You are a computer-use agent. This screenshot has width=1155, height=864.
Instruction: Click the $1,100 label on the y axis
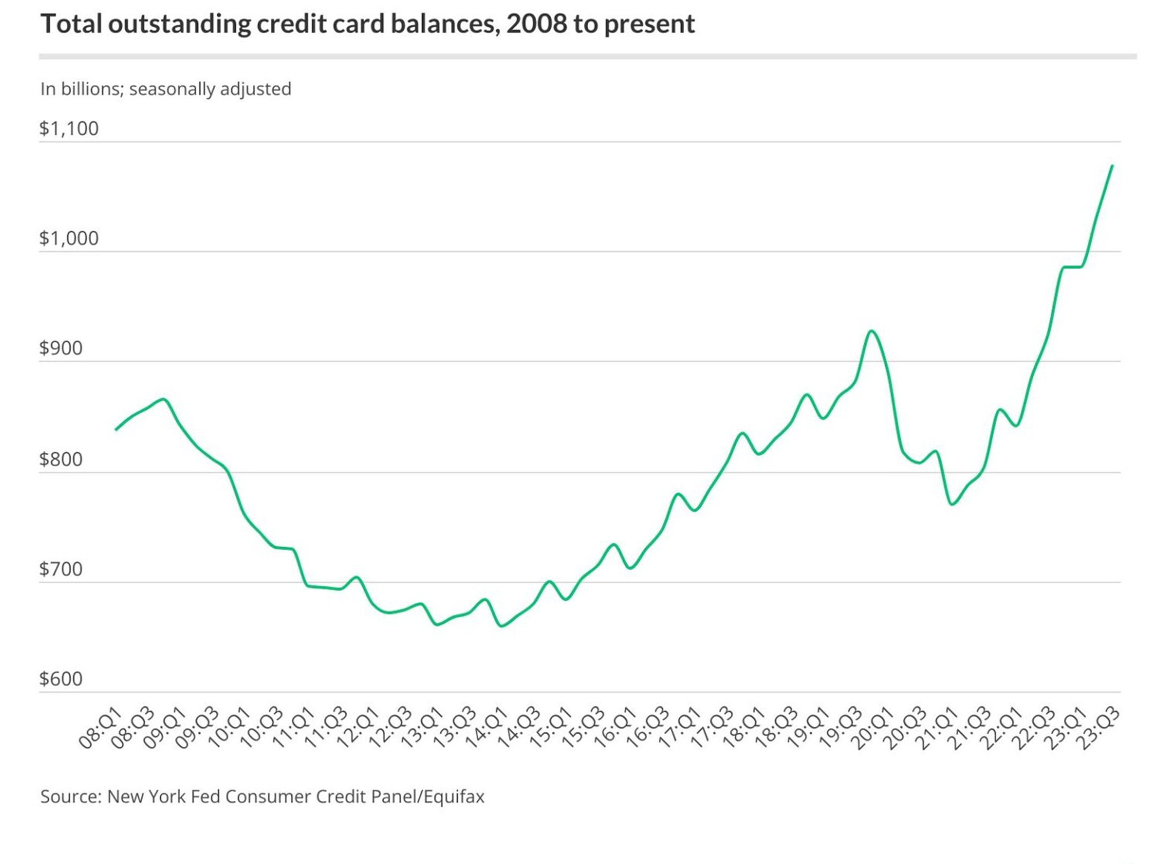coord(69,129)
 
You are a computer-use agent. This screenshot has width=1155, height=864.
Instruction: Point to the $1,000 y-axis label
coord(69,238)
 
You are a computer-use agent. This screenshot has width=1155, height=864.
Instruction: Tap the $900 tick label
coord(61,348)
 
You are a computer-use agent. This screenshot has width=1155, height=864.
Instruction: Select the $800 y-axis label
coord(61,459)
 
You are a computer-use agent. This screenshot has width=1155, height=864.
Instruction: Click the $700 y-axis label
coord(61,569)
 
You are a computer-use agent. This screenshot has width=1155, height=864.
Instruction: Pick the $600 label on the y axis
coord(61,679)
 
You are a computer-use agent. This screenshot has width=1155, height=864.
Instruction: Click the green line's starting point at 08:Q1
coord(116,430)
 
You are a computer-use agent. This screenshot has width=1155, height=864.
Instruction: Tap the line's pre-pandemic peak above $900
coord(872,331)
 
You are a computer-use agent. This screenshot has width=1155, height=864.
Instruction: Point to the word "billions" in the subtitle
coord(90,89)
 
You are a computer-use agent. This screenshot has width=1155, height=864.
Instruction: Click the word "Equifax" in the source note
coord(454,796)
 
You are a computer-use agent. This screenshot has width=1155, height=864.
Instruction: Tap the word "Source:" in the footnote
coord(71,796)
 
